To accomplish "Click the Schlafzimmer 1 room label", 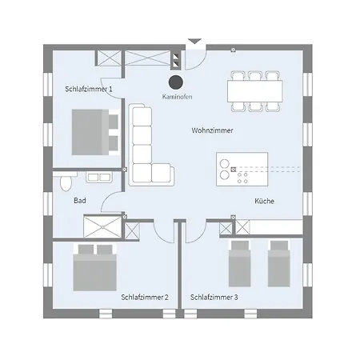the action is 89,89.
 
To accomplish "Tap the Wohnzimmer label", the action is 212,130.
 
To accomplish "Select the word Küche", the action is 264,201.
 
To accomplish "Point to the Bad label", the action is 80,201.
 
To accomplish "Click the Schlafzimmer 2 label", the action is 145,298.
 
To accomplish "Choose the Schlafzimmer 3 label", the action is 214,298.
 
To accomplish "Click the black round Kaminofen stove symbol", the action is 176,82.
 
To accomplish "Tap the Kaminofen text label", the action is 178,97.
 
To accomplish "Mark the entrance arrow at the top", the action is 194,42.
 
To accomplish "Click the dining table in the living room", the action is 255,91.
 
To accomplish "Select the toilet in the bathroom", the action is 66,182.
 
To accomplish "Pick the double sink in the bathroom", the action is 99,177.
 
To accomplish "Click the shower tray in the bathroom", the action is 102,227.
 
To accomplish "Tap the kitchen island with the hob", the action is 242,169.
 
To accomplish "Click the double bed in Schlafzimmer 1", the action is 95,132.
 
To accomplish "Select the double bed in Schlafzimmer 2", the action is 95,267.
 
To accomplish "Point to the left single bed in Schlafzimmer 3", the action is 240,264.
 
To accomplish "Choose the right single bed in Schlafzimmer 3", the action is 279,264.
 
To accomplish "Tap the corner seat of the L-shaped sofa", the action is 142,173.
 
